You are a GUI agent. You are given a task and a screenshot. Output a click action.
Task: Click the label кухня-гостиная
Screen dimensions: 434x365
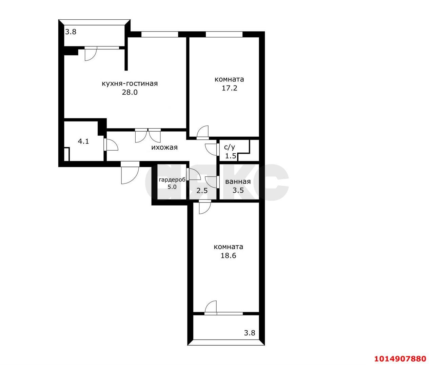[130, 83]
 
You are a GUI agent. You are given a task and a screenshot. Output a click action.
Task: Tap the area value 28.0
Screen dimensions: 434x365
[130, 92]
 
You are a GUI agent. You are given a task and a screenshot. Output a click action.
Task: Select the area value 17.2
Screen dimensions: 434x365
[229, 88]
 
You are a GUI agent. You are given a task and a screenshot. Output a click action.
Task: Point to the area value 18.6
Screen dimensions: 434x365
[228, 256]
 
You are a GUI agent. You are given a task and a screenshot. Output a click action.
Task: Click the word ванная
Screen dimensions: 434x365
[238, 181]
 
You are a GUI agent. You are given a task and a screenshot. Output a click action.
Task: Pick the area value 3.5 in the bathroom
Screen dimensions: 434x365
[238, 190]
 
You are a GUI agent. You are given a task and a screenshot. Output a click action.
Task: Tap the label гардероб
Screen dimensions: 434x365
[172, 180]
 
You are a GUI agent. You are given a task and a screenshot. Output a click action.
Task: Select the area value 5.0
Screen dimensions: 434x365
[172, 187]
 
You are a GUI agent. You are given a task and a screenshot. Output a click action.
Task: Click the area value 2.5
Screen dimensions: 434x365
[202, 191]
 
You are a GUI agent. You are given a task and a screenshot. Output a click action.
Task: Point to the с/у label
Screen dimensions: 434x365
[230, 147]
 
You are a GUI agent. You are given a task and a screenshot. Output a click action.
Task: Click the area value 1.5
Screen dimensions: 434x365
[231, 156]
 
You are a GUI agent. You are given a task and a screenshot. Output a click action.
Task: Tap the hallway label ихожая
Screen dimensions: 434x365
[164, 148]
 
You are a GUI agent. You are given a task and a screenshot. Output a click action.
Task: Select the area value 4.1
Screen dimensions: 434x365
[83, 141]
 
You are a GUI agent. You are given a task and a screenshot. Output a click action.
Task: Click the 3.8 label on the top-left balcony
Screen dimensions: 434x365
[71, 32]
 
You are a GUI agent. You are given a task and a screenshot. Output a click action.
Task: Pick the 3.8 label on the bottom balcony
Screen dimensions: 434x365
[250, 333]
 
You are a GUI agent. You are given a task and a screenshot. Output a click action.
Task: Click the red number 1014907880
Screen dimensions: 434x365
[400, 359]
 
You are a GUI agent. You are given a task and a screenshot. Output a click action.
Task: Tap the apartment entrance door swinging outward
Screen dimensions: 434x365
[130, 172]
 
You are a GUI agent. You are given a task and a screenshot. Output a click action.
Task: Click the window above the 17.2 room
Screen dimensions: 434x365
[224, 34]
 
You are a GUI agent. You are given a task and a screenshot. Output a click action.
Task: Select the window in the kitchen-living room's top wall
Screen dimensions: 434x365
[160, 34]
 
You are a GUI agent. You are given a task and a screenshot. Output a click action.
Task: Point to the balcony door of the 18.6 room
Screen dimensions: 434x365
[210, 308]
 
